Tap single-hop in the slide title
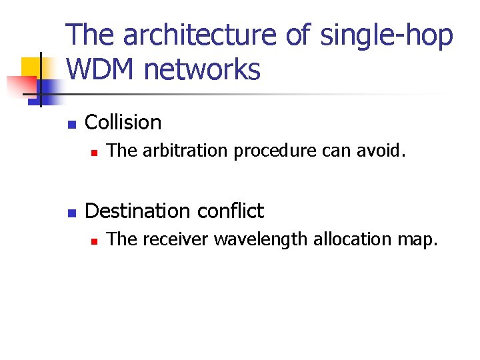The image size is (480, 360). [387, 36]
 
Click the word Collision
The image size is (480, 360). [123, 123]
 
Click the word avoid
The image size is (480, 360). [380, 151]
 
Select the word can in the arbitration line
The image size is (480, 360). [335, 151]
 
